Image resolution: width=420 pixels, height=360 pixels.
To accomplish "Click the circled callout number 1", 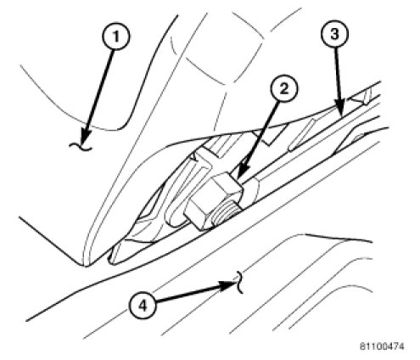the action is coord(115,37).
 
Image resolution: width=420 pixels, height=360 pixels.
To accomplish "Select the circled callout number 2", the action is coord(284,88).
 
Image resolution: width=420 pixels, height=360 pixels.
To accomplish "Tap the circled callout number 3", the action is coord(334,34).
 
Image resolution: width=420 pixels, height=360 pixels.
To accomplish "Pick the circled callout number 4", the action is coord(143,306).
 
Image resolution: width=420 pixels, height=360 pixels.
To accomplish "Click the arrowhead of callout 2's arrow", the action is coord(239,176).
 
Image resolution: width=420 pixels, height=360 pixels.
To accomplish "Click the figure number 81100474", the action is coord(382,346).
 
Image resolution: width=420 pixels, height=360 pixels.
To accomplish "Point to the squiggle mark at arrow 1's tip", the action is coord(81,147).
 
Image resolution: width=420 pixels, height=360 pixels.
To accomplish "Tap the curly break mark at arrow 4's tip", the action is coord(240,282).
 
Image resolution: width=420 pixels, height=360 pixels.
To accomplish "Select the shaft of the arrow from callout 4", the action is coord(189,294).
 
